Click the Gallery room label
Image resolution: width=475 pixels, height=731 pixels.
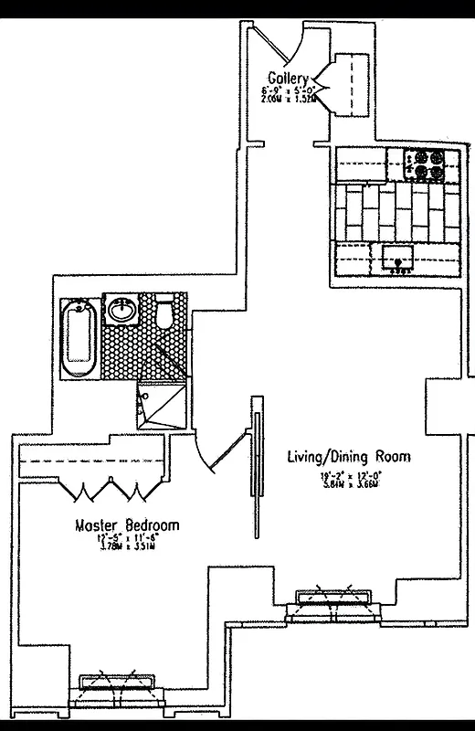(288, 78)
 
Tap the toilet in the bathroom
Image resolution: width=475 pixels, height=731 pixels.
(164, 314)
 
